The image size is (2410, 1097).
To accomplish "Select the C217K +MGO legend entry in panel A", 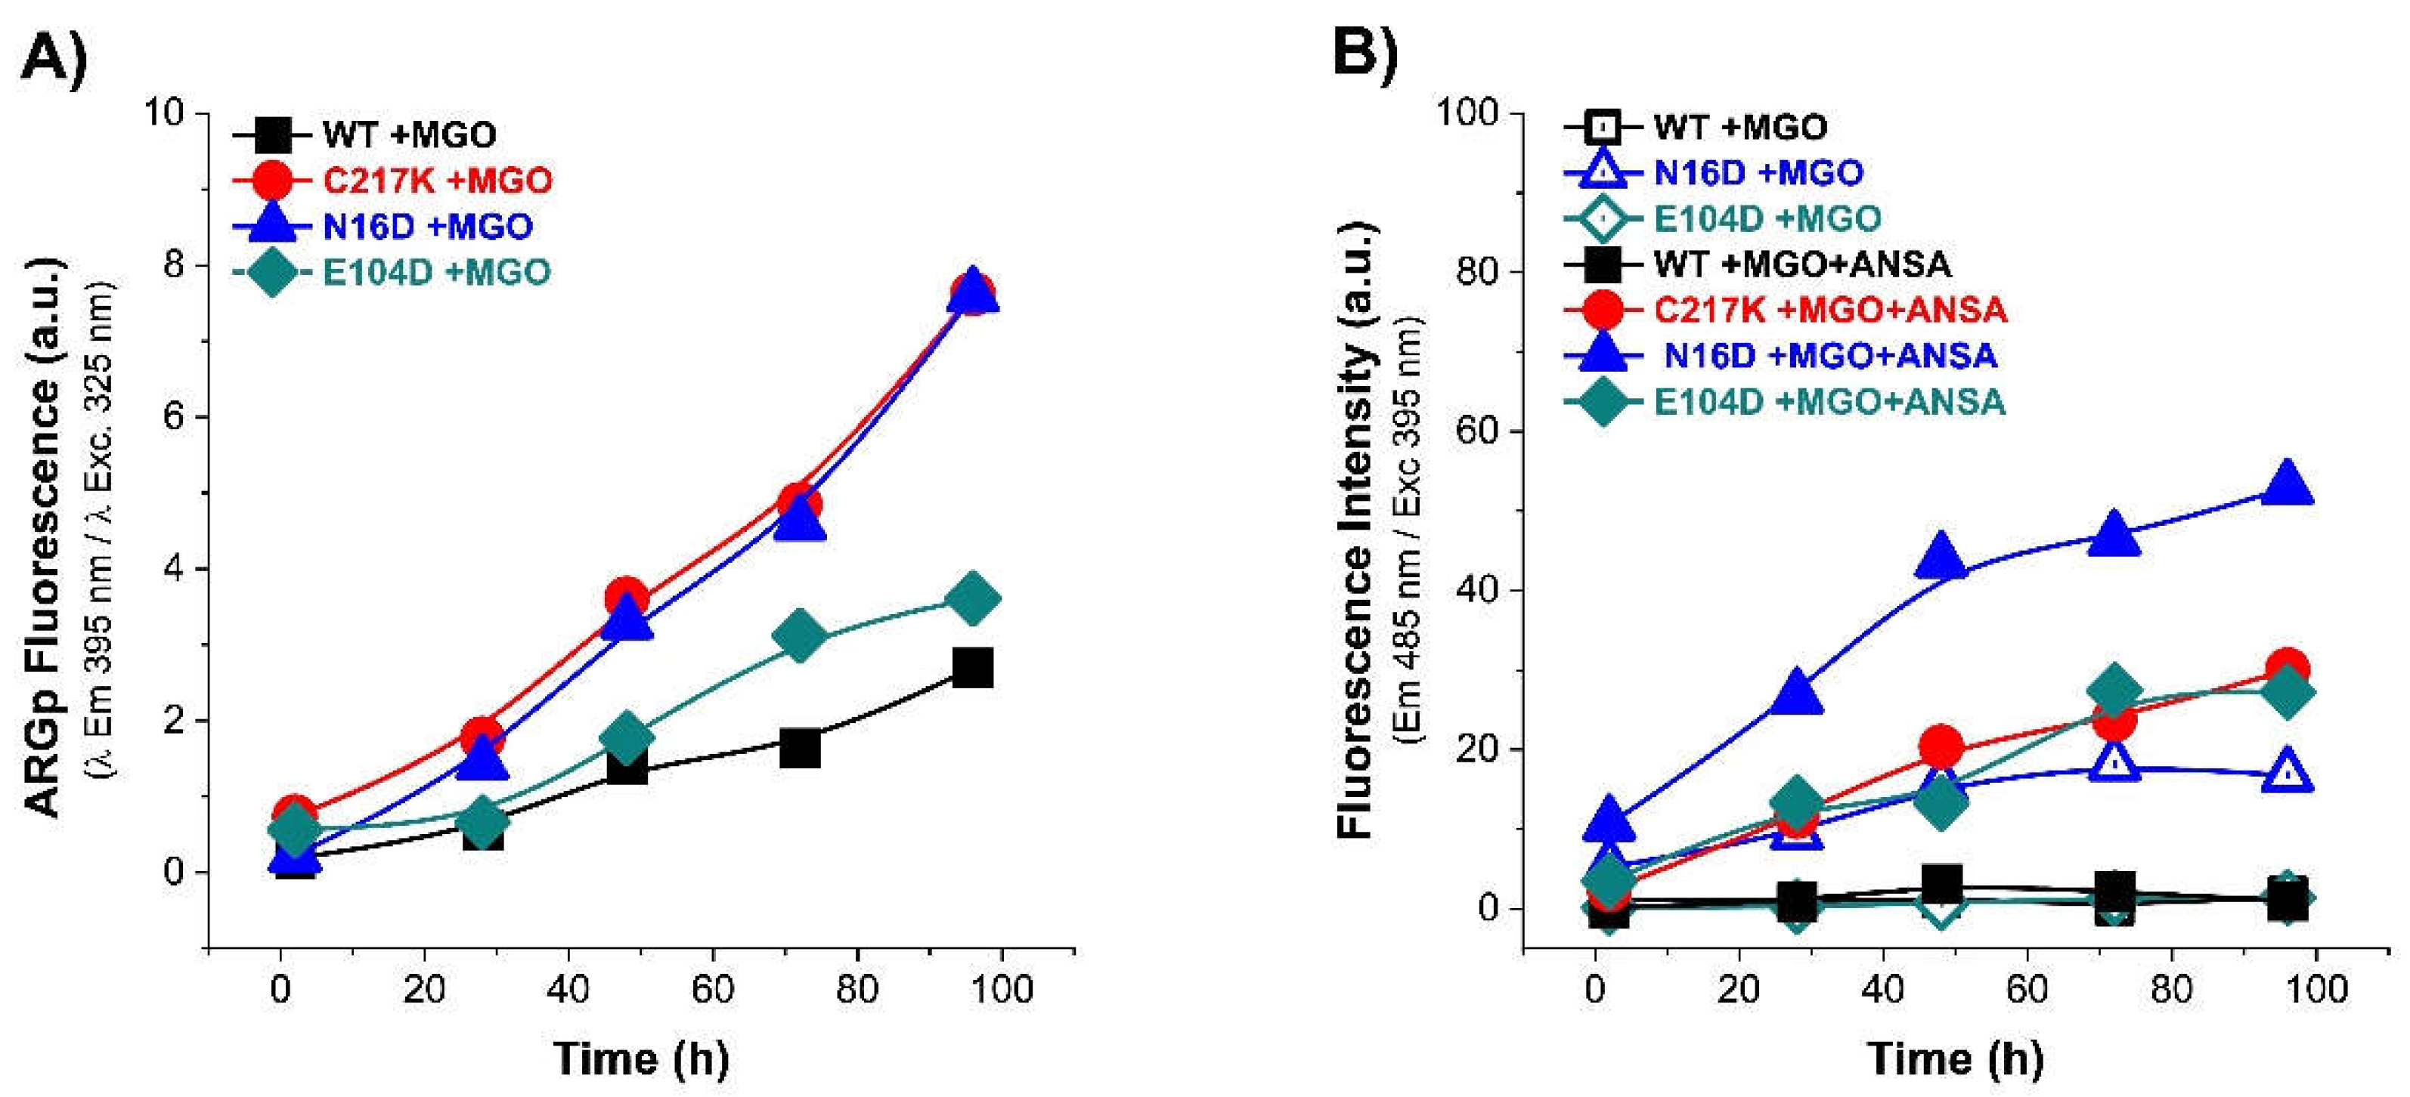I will point(437,180).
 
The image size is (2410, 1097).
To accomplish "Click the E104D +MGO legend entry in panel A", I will point(436,271).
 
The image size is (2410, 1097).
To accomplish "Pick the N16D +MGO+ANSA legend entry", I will point(1831,355).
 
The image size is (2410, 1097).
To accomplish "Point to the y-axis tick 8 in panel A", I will point(173,266).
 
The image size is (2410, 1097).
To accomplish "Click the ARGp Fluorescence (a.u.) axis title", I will point(43,538).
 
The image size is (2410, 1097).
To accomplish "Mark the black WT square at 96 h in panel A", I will point(972,668).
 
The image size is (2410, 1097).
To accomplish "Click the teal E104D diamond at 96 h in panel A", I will point(972,598).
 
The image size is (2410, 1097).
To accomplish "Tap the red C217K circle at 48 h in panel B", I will point(1941,746).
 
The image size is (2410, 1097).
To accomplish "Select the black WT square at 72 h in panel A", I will point(800,748).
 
